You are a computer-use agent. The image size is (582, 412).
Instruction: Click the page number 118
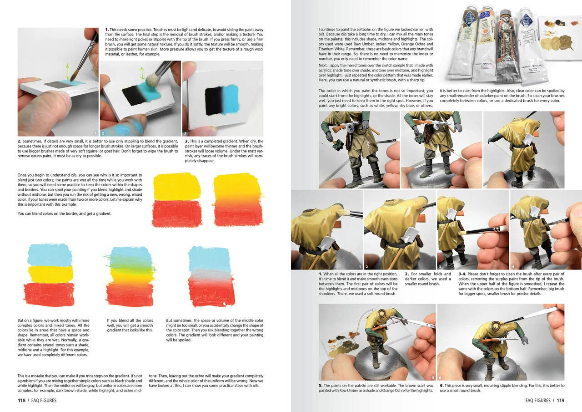[21, 401]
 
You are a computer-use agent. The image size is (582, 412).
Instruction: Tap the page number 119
[560, 401]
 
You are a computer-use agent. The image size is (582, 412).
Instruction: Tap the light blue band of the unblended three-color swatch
[50, 255]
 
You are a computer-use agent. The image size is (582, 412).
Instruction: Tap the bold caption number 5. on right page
[321, 386]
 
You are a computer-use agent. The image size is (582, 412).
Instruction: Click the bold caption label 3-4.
[462, 274]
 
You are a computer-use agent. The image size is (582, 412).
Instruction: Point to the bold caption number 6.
[442, 386]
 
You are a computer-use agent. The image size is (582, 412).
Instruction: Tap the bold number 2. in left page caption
[20, 142]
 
